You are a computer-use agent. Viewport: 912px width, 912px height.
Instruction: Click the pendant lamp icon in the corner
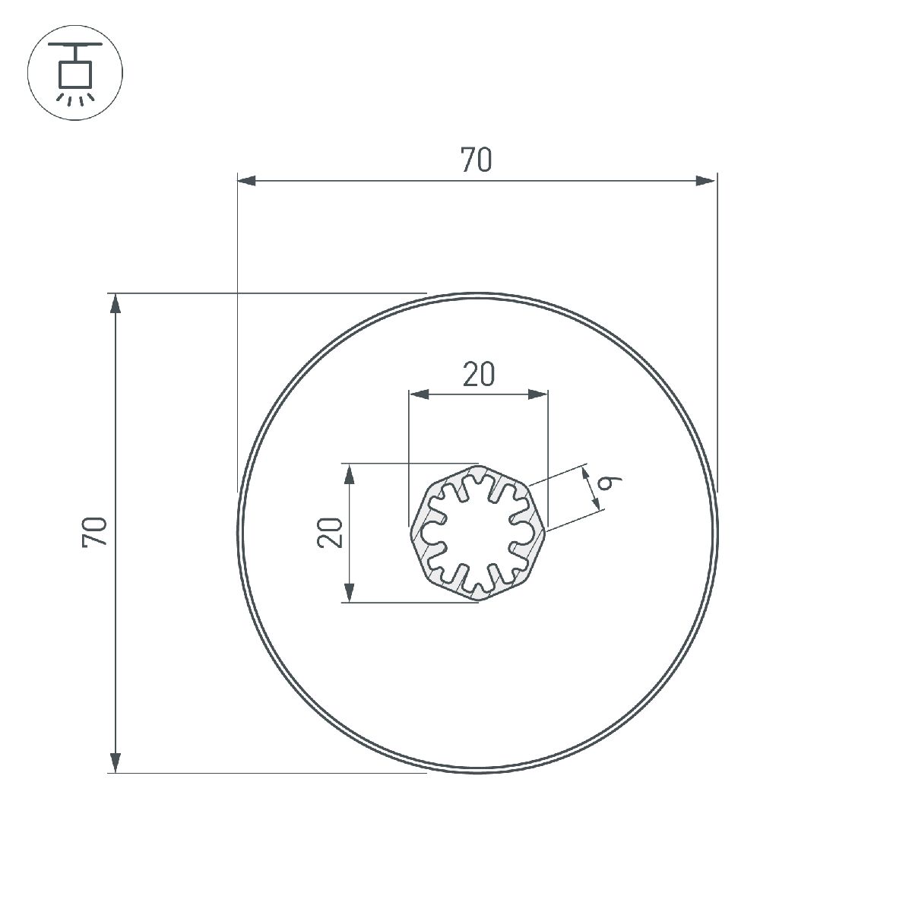74,74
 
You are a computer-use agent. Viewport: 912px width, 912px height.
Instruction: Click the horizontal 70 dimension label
477,160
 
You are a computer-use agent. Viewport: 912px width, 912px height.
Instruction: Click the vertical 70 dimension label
96,531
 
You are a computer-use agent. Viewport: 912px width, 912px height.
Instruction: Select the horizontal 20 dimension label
479,374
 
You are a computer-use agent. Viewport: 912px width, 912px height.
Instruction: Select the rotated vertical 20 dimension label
331,532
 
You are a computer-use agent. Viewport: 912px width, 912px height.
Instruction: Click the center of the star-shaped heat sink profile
477,533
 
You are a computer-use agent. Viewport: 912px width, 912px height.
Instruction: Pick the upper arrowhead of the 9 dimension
586,473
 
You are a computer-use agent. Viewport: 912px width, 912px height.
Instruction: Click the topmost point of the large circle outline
477,294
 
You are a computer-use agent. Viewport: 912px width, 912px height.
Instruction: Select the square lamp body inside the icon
74,74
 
